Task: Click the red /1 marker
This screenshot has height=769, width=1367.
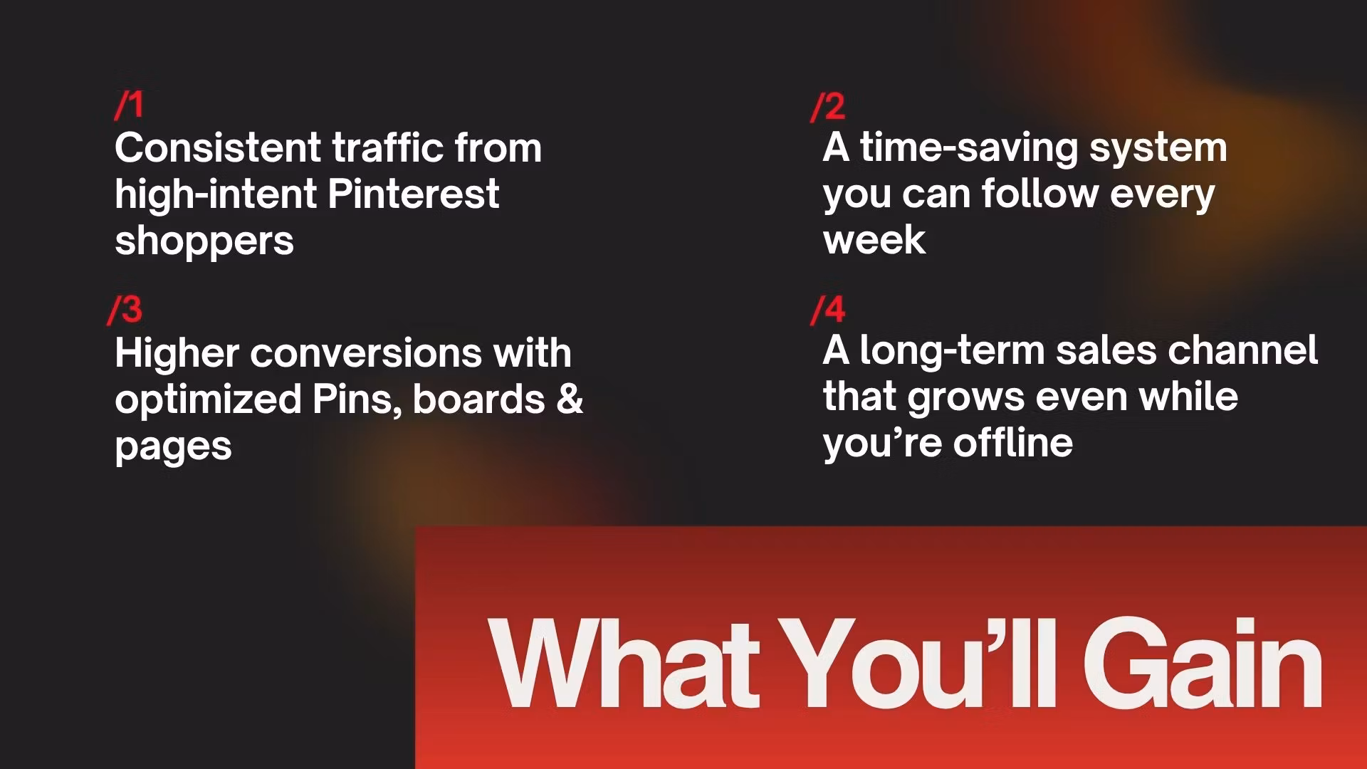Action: [129, 105]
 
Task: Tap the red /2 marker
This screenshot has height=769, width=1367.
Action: [827, 106]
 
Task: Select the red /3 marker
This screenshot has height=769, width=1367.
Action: [125, 310]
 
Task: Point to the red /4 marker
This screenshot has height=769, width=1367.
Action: [827, 310]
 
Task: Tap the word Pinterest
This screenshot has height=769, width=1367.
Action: [413, 194]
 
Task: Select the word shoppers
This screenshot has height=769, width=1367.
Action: [204, 242]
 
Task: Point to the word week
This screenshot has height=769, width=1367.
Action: [874, 239]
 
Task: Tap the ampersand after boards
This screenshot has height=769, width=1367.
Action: [570, 399]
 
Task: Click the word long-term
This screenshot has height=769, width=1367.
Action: [951, 351]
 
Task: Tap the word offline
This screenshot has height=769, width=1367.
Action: [1013, 442]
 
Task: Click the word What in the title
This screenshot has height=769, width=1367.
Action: [624, 662]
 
